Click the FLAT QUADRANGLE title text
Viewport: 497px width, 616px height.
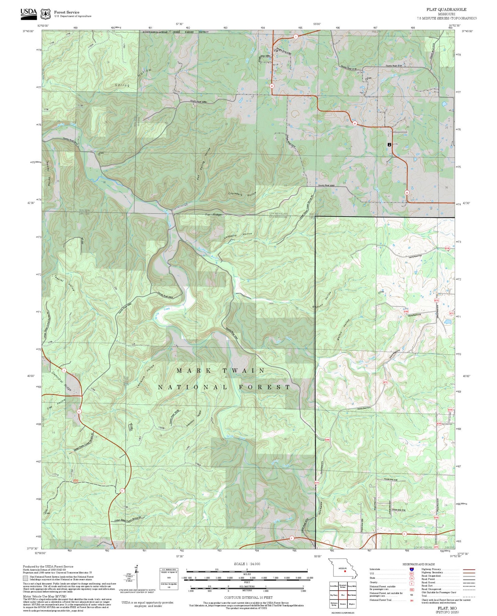coord(446,9)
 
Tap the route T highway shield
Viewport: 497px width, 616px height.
coord(295,36)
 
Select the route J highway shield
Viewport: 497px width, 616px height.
coord(64,370)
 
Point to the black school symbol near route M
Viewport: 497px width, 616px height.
coord(389,145)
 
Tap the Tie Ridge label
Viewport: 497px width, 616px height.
coord(213,215)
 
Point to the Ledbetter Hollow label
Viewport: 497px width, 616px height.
coord(238,236)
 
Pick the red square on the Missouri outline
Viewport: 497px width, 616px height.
coord(345,571)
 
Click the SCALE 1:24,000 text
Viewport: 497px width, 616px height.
coord(247,564)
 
